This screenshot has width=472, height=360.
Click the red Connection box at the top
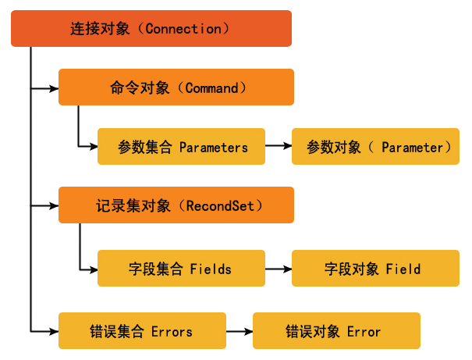tap(151, 28)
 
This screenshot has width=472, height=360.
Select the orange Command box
tap(176, 87)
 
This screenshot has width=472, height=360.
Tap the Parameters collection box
tap(181, 147)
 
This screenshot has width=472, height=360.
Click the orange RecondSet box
tap(176, 205)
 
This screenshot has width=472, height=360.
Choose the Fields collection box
tap(181, 268)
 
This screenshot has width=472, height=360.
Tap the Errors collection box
tap(142, 330)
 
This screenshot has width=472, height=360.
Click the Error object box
tap(336, 330)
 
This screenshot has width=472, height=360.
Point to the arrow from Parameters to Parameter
tap(278, 147)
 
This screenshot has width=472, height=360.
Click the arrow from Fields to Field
tap(278, 268)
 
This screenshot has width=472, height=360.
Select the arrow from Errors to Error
tap(239, 330)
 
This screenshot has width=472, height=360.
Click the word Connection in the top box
tap(183, 29)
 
